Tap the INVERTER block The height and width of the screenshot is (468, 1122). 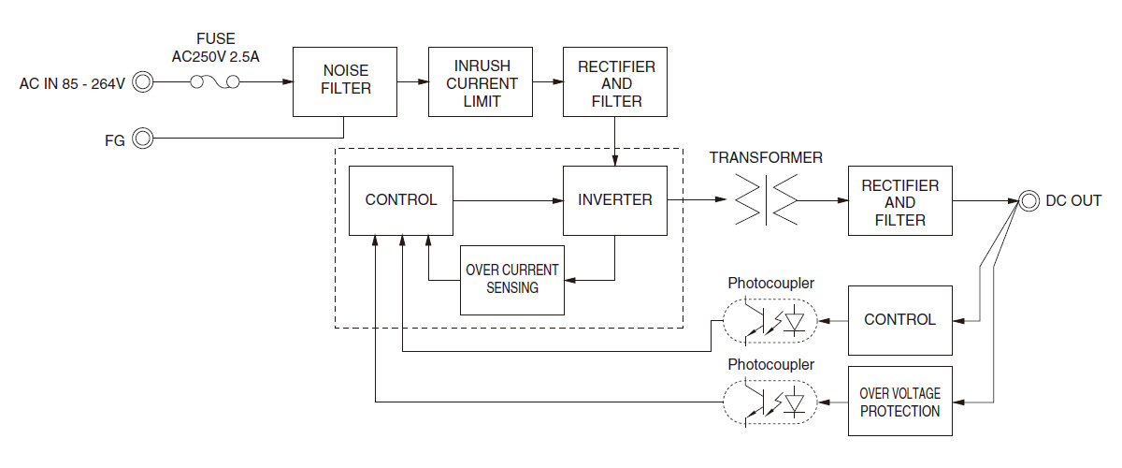click(x=614, y=199)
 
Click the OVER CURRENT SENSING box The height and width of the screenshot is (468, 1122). click(x=511, y=279)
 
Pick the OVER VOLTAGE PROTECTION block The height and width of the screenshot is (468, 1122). click(x=899, y=402)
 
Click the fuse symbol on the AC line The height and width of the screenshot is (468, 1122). click(x=214, y=83)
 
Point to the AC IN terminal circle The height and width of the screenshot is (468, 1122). click(x=143, y=83)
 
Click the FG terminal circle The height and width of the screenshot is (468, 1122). click(x=143, y=139)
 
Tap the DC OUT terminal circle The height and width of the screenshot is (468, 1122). click(x=1028, y=200)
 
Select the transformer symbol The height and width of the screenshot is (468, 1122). click(x=766, y=199)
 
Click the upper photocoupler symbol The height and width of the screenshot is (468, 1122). click(x=770, y=321)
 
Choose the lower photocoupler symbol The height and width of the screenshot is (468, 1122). click(x=770, y=402)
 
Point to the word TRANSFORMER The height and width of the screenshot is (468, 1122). click(x=766, y=158)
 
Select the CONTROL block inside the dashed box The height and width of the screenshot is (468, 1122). click(x=400, y=199)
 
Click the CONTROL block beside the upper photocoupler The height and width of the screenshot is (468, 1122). click(x=899, y=320)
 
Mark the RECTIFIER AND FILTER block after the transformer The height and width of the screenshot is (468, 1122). click(x=899, y=201)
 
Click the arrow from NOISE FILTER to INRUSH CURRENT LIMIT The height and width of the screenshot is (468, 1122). click(x=412, y=82)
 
